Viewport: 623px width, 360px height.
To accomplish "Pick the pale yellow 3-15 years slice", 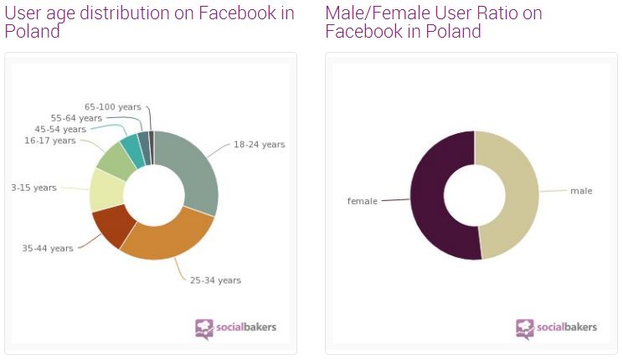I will click(106, 188).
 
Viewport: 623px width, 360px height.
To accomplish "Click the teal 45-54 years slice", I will click(131, 147).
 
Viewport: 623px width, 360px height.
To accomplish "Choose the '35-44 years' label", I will click(47, 248).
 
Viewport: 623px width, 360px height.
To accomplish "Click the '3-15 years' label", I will click(33, 188).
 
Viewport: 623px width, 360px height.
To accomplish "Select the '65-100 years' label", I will click(113, 107).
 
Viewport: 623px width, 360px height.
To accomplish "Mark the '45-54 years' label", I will click(60, 130).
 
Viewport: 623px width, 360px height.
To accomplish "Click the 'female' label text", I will click(362, 201).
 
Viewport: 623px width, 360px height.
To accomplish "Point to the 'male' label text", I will click(581, 191).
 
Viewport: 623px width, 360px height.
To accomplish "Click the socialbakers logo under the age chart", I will click(235, 327).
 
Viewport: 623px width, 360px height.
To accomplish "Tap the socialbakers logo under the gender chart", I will click(556, 327).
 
